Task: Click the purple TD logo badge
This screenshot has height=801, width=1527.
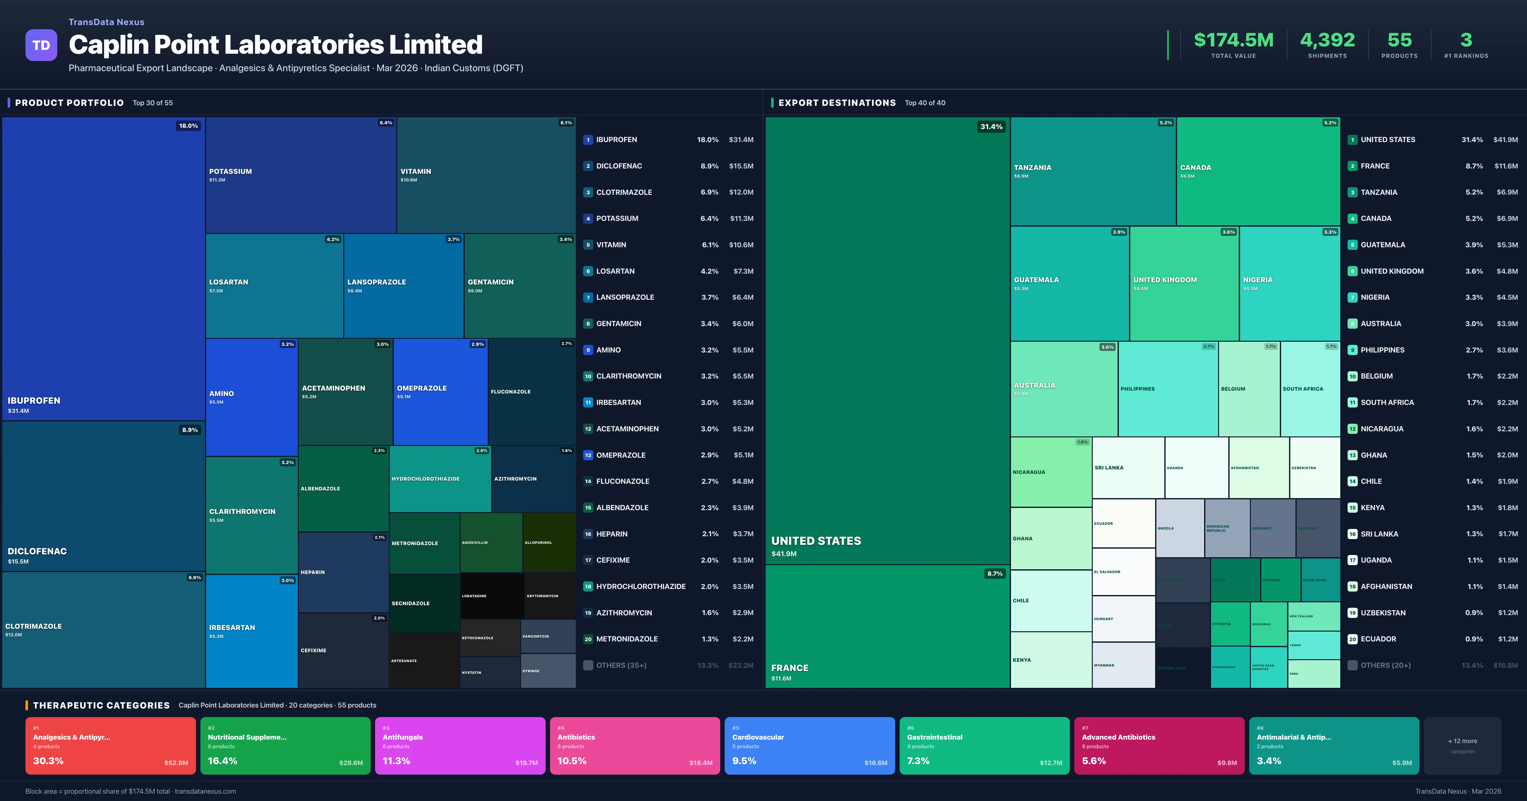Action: pyautogui.click(x=41, y=45)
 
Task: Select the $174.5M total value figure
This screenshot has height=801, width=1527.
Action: pyautogui.click(x=1233, y=40)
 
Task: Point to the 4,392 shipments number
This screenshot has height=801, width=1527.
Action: pyautogui.click(x=1327, y=40)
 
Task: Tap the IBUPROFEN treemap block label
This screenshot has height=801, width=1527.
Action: pyautogui.click(x=34, y=400)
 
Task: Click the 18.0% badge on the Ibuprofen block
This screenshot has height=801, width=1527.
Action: pyautogui.click(x=189, y=126)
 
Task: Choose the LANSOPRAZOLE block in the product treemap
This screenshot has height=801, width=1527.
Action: pyautogui.click(x=403, y=285)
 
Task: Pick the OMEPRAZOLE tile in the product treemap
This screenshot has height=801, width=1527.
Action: pyautogui.click(x=440, y=391)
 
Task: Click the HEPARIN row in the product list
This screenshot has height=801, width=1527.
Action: pyautogui.click(x=611, y=534)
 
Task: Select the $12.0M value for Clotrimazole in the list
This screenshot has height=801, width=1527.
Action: pyautogui.click(x=741, y=192)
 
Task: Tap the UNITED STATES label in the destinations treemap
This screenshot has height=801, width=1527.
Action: pyautogui.click(x=816, y=541)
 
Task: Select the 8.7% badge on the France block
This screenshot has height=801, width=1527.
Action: pyautogui.click(x=994, y=573)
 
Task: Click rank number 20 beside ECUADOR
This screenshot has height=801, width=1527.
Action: pyautogui.click(x=1352, y=639)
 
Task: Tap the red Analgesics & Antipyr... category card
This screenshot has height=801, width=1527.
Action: pyautogui.click(x=110, y=745)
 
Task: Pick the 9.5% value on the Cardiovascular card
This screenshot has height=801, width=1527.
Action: pyautogui.click(x=744, y=761)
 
